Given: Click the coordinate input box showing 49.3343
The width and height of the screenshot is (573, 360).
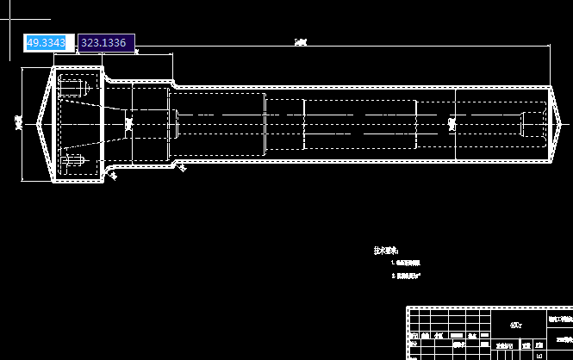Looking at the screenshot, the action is (49, 43).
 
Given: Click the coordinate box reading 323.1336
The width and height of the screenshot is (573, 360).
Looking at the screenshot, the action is (104, 43).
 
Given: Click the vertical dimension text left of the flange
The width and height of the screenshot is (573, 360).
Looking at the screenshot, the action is (18, 123).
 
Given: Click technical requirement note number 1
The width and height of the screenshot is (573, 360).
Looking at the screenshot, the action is (406, 262).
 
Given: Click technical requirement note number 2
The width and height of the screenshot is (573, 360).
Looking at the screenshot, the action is (406, 276).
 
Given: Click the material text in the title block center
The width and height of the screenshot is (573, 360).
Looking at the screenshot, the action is (515, 326).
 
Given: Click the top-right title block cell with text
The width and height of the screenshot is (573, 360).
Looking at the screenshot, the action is (561, 317).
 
